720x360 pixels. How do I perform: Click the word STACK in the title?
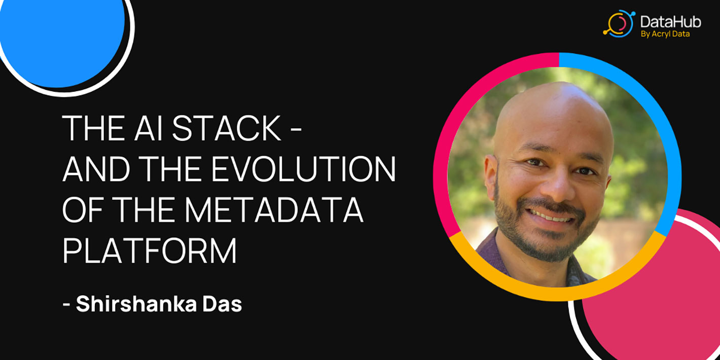[x=226, y=128]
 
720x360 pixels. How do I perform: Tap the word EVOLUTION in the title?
[x=303, y=169]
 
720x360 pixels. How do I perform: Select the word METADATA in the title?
[x=274, y=210]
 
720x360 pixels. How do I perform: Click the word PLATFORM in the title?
[x=150, y=250]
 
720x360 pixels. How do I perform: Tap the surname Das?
[x=222, y=304]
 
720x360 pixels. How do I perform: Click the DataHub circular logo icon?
[x=619, y=23]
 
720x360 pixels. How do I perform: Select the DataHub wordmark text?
[x=670, y=22]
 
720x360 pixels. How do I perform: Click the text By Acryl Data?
[x=665, y=34]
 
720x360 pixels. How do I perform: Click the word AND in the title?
[x=96, y=169]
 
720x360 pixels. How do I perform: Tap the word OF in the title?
[x=83, y=210]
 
